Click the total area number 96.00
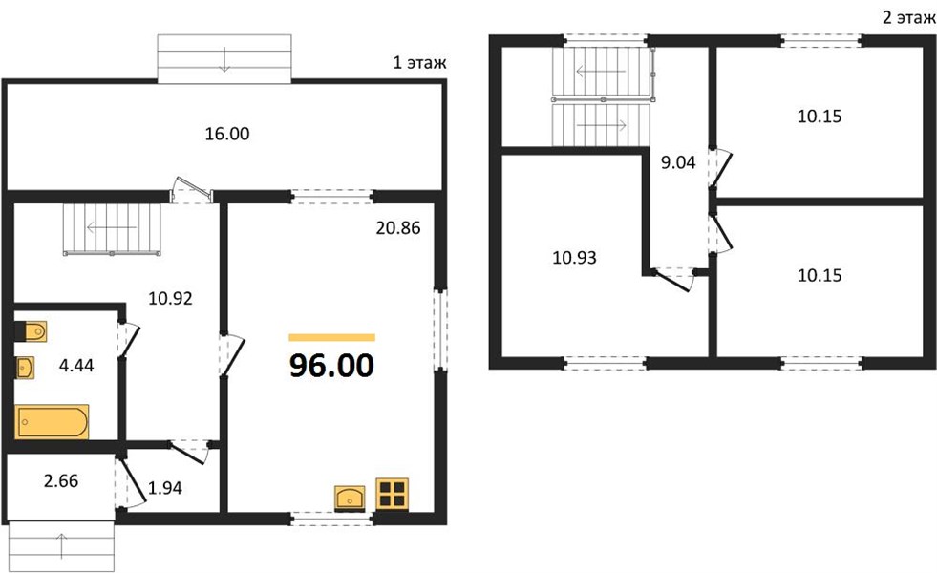tap(331, 366)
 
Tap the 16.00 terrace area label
tap(227, 134)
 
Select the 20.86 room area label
tap(398, 227)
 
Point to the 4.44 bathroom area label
tap(76, 365)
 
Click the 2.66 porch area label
tap(61, 481)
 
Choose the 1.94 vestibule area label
tap(165, 488)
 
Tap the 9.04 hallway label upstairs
tap(678, 162)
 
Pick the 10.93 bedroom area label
tap(574, 258)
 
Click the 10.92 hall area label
tap(170, 298)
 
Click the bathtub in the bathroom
tap(52, 422)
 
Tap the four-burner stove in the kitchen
tap(392, 494)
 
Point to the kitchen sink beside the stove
tap(350, 499)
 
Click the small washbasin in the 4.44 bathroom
tap(25, 368)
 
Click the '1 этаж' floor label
tap(419, 63)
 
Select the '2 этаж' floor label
tap(908, 18)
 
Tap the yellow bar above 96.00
tap(331, 337)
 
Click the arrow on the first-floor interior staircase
tap(112, 227)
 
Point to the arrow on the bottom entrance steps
tap(61, 546)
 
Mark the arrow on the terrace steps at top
tap(224, 58)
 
